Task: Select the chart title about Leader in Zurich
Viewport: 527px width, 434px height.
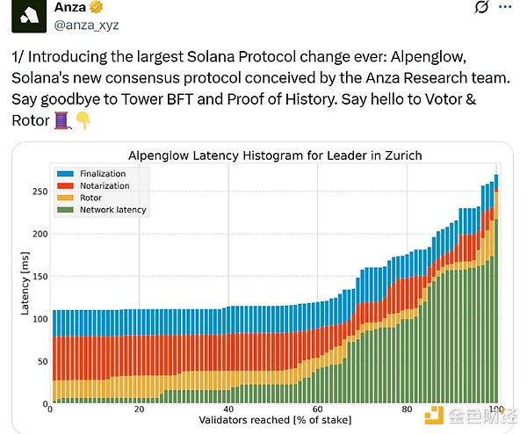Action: [275, 156]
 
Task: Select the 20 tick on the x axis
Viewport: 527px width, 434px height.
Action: [139, 410]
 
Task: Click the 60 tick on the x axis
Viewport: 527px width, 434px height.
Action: [317, 410]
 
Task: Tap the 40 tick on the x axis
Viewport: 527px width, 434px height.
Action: [228, 410]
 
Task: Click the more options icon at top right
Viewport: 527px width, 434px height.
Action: [505, 9]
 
